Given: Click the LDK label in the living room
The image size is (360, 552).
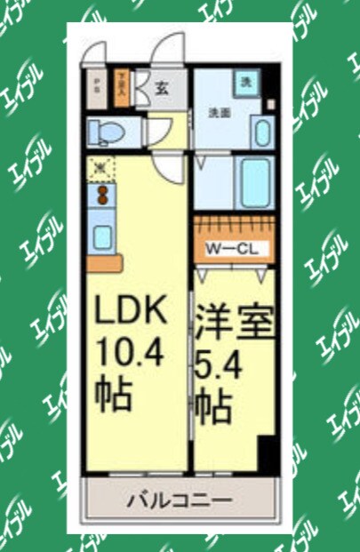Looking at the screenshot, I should coord(132,313).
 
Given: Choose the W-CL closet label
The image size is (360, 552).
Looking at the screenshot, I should coord(232,249).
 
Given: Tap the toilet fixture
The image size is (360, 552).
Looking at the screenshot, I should coord(106,132).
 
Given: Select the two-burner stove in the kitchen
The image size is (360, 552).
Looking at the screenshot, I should coord(102,193).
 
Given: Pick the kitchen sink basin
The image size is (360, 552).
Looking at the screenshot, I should coord(102,236).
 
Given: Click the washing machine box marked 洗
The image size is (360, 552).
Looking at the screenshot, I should coord(246,82).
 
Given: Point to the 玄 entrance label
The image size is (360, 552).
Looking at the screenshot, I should coord(164,88).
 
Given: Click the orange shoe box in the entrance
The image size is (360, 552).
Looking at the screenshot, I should coord(123,88).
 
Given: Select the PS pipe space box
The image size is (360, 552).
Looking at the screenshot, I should coord(96,88).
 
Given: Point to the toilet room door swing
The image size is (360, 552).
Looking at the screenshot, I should coord(160,133).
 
